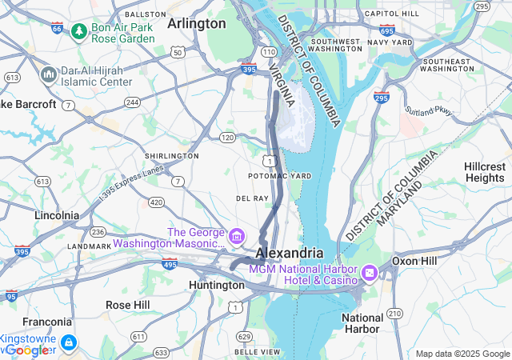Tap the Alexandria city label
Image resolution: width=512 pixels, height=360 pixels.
pyautogui.click(x=289, y=253)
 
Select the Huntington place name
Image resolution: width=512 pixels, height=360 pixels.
pyautogui.click(x=217, y=285)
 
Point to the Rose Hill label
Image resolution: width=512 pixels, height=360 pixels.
pyautogui.click(x=127, y=305)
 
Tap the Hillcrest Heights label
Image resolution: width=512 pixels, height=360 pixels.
pyautogui.click(x=485, y=172)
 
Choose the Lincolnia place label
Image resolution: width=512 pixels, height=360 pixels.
pyautogui.click(x=57, y=215)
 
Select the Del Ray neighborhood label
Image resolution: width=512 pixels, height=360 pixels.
pyautogui.click(x=252, y=198)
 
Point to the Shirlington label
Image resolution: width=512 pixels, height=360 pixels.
pyautogui.click(x=171, y=155)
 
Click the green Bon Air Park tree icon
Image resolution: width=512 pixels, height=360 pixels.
pyautogui.click(x=78, y=31)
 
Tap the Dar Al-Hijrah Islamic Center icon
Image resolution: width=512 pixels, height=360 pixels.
pyautogui.click(x=47, y=74)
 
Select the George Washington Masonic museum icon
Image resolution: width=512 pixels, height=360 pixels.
pyautogui.click(x=236, y=237)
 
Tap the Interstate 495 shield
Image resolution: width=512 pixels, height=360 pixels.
pyautogui.click(x=170, y=262)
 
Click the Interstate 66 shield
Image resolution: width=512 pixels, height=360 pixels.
pyautogui.click(x=57, y=28)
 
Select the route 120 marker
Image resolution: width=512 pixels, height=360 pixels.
pyautogui.click(x=228, y=138)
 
